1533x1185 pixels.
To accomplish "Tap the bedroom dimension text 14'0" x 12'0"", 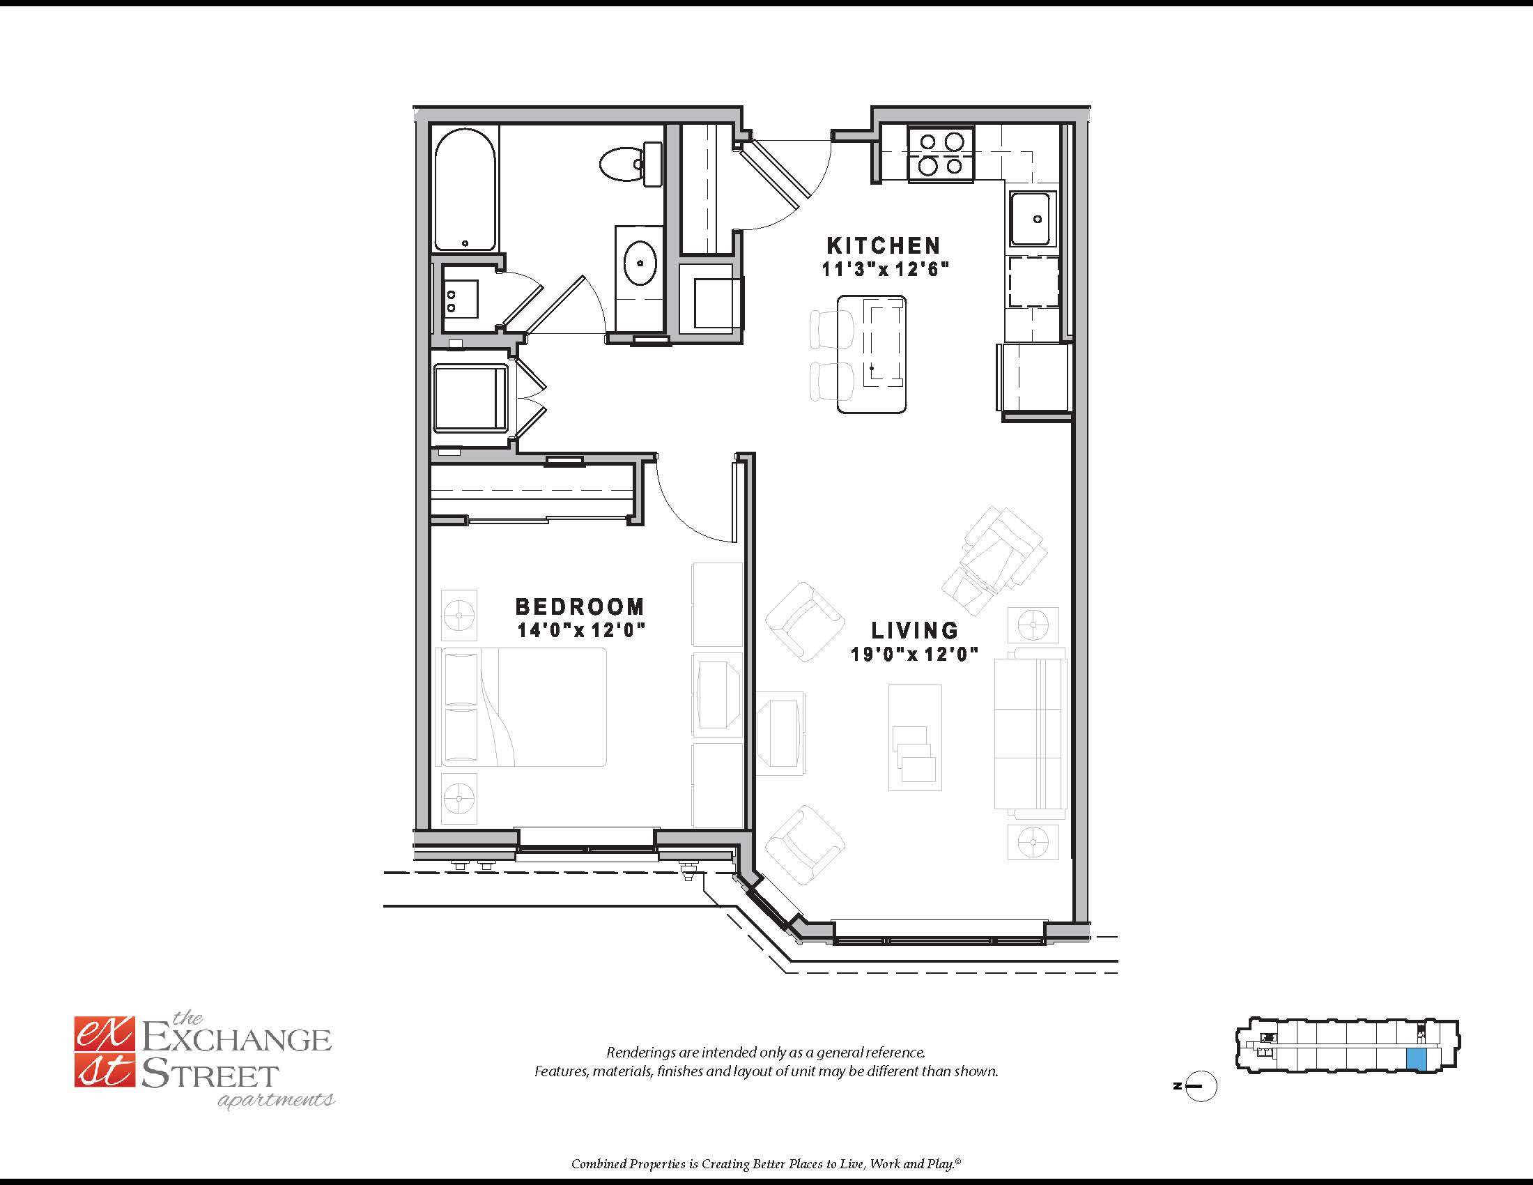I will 580,629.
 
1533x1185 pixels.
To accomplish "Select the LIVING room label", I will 915,629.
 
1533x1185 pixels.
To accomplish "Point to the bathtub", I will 465,190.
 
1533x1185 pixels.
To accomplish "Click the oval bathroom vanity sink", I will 640,263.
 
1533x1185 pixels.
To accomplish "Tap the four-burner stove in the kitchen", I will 941,155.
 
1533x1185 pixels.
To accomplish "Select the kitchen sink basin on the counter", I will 1032,218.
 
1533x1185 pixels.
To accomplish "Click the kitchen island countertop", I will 871,354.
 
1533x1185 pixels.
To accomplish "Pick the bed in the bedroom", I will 521,706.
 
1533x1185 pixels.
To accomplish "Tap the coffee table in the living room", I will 915,737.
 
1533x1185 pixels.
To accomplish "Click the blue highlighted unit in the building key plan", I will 1417,1060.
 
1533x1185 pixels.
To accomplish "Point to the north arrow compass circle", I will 1201,1086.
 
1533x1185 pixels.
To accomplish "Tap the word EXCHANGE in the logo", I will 236,1040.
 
